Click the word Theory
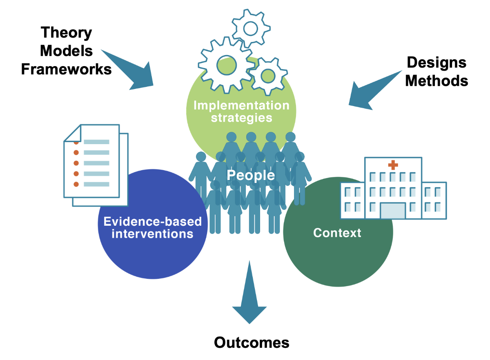pos(66,33)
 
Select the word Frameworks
pos(66,69)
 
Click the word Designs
pos(437,62)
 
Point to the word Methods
pos(437,80)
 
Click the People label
pos(251,176)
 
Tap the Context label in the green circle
pos(337,233)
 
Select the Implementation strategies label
pos(241,111)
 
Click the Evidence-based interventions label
pos(152,227)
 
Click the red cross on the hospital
pos(393,165)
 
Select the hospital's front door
pos(392,210)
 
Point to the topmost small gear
pos(250,28)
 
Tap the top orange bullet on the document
pos(76,142)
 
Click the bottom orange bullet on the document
pos(76,184)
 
